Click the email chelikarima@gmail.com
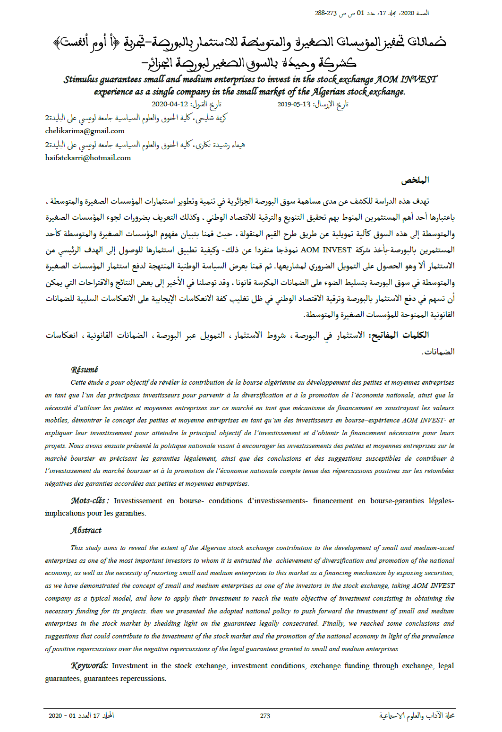[85, 131]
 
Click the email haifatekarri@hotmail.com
[88, 158]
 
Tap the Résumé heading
[85, 370]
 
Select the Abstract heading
[86, 530]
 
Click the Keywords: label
[90, 665]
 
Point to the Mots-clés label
[90, 500]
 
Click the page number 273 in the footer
[265, 715]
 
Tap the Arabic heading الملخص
[415, 180]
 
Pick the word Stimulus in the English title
[81, 79]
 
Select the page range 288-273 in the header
[326, 13]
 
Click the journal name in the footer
[417, 715]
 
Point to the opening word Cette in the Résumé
[78, 382]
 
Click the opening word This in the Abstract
[77, 548]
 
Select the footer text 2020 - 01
[62, 715]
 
